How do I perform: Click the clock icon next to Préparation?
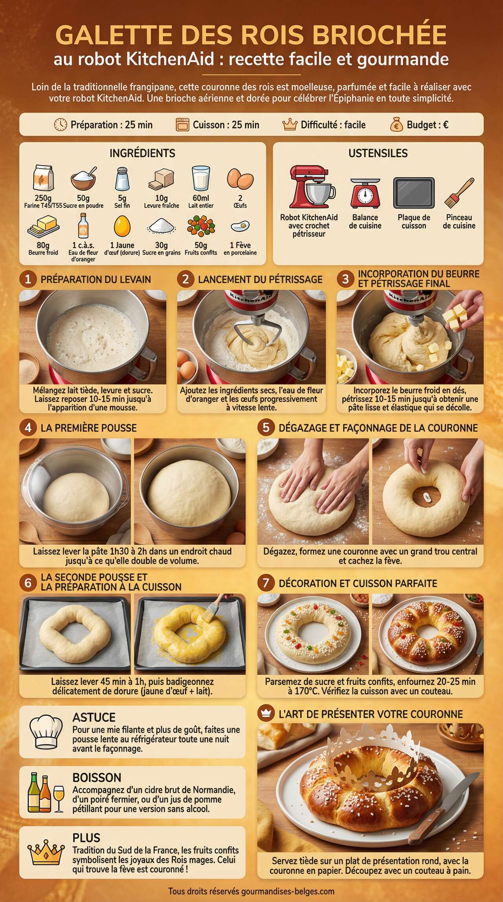(60, 125)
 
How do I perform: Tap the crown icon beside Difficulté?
(290, 125)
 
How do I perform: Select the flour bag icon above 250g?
(43, 178)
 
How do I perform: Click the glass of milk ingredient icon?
(201, 178)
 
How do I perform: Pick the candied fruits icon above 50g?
(201, 227)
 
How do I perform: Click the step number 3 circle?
(345, 279)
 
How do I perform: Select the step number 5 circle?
(266, 428)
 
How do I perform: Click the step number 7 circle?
(266, 583)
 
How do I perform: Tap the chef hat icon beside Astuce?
(46, 731)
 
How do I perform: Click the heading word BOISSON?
(97, 778)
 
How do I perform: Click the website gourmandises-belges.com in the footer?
(288, 891)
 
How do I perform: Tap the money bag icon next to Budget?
(397, 125)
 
